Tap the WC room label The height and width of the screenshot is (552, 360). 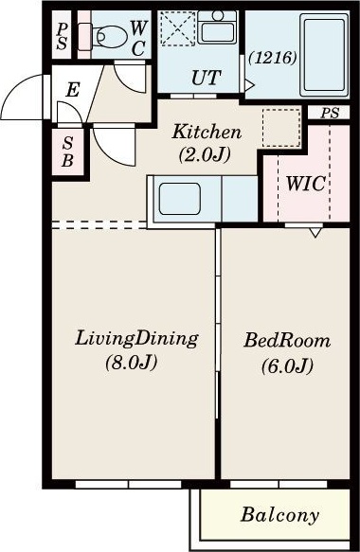tap(138, 38)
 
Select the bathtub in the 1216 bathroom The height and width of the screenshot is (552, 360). tap(324, 55)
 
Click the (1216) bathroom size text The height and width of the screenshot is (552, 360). tap(272, 58)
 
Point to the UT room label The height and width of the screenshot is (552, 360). tap(207, 78)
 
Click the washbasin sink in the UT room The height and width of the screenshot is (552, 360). tap(217, 27)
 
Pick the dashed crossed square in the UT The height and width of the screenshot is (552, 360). tap(178, 28)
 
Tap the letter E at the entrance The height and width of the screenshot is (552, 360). tap(73, 89)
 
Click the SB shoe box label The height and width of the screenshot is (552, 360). tap(67, 151)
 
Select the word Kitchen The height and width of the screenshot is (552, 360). tap(207, 132)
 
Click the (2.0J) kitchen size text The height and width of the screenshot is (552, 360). tap(205, 154)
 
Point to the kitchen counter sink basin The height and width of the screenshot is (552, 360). tap(180, 199)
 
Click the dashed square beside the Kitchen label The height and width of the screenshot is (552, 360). tap(281, 128)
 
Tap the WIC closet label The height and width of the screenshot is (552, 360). tap(306, 184)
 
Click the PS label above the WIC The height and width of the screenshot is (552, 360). tap(330, 113)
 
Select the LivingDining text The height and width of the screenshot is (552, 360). tap(136, 338)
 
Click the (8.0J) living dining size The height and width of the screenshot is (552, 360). tap(131, 362)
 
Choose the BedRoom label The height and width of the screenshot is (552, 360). tap(287, 341)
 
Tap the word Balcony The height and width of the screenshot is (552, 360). tap(280, 515)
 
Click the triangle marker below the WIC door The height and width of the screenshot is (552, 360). tap(315, 233)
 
